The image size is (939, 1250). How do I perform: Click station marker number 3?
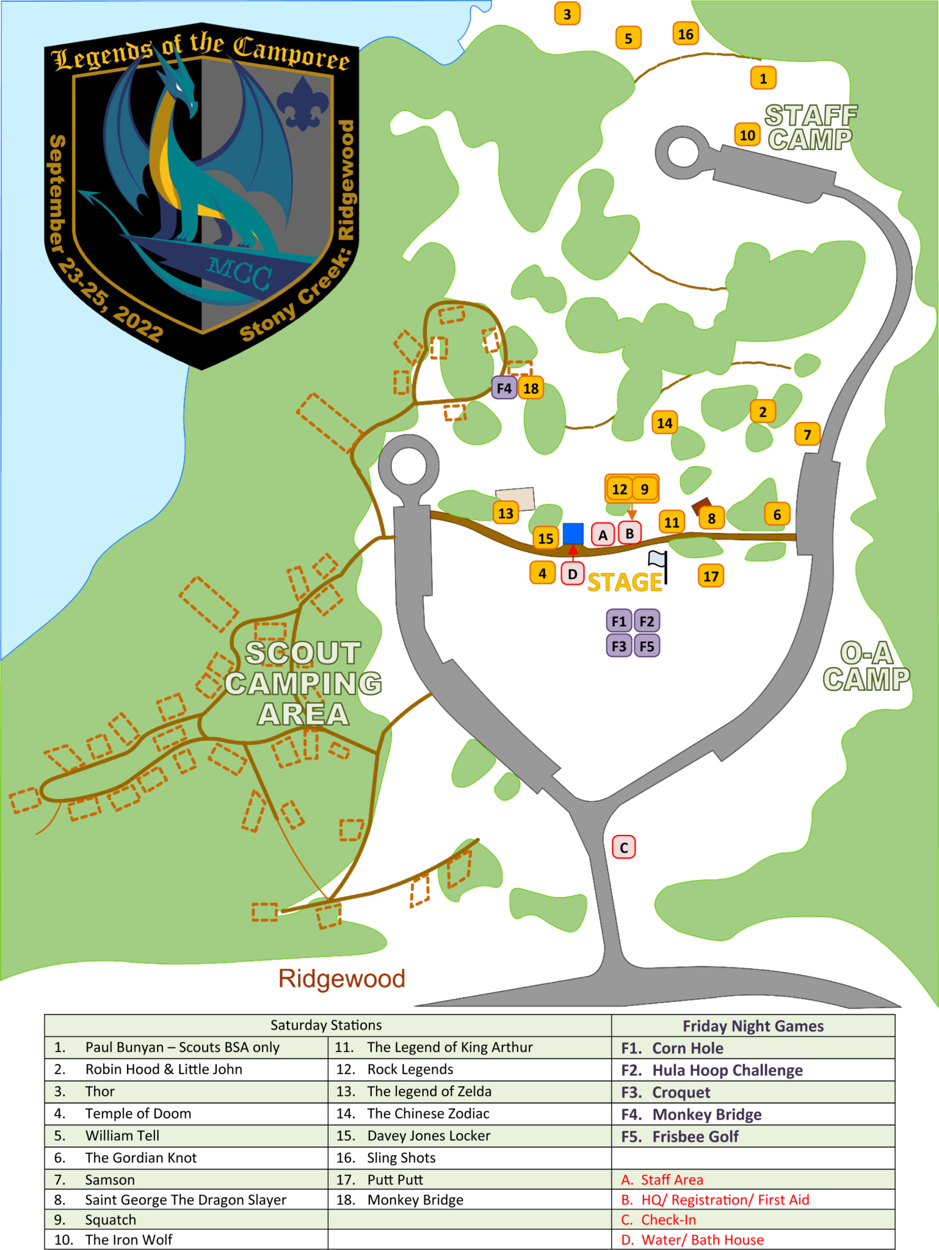(x=567, y=14)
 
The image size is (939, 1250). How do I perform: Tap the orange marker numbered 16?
(x=686, y=34)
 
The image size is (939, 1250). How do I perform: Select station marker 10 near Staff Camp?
(x=747, y=135)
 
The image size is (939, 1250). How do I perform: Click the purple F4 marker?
(x=504, y=388)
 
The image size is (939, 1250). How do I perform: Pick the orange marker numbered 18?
(x=531, y=388)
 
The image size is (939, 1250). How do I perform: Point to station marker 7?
(x=807, y=435)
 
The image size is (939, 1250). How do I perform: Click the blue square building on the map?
(x=573, y=533)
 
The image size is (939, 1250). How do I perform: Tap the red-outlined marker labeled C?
(x=624, y=847)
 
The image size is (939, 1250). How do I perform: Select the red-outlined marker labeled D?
(x=572, y=574)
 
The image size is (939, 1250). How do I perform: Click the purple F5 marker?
(x=647, y=646)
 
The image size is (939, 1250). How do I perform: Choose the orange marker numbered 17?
(x=711, y=576)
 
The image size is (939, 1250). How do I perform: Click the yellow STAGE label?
(x=625, y=582)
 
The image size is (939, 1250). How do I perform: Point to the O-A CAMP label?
(x=866, y=667)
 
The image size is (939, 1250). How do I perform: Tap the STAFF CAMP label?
(x=811, y=128)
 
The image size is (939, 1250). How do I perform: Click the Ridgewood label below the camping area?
(x=342, y=978)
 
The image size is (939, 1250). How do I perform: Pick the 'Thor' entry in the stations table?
(x=100, y=1091)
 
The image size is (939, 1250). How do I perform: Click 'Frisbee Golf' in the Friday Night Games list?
(x=695, y=1136)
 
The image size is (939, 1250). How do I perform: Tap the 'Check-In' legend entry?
(x=668, y=1219)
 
